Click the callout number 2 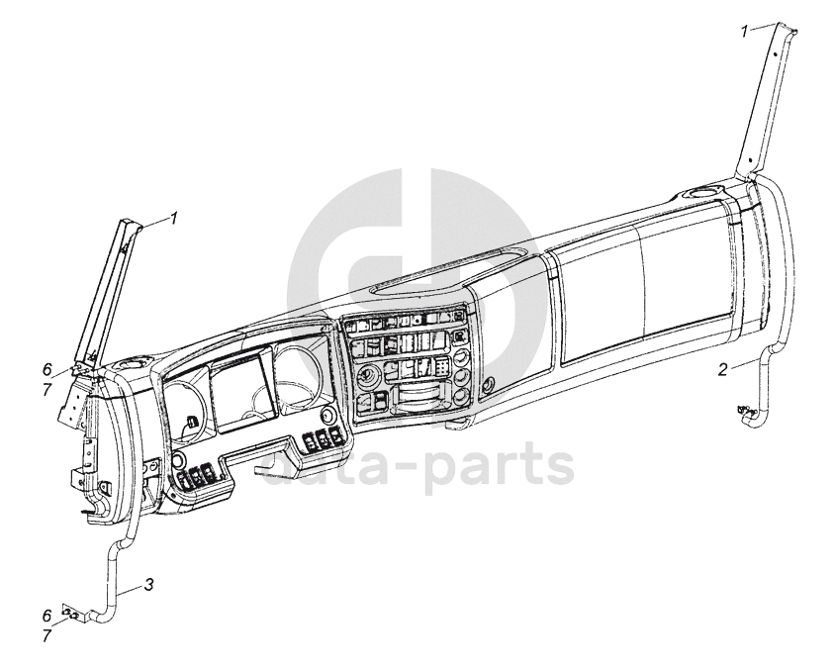723,370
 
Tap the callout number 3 148,585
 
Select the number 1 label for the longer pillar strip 745,32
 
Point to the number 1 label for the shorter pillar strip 173,217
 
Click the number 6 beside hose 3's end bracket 46,614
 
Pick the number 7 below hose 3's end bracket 46,633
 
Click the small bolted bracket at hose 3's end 71,614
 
